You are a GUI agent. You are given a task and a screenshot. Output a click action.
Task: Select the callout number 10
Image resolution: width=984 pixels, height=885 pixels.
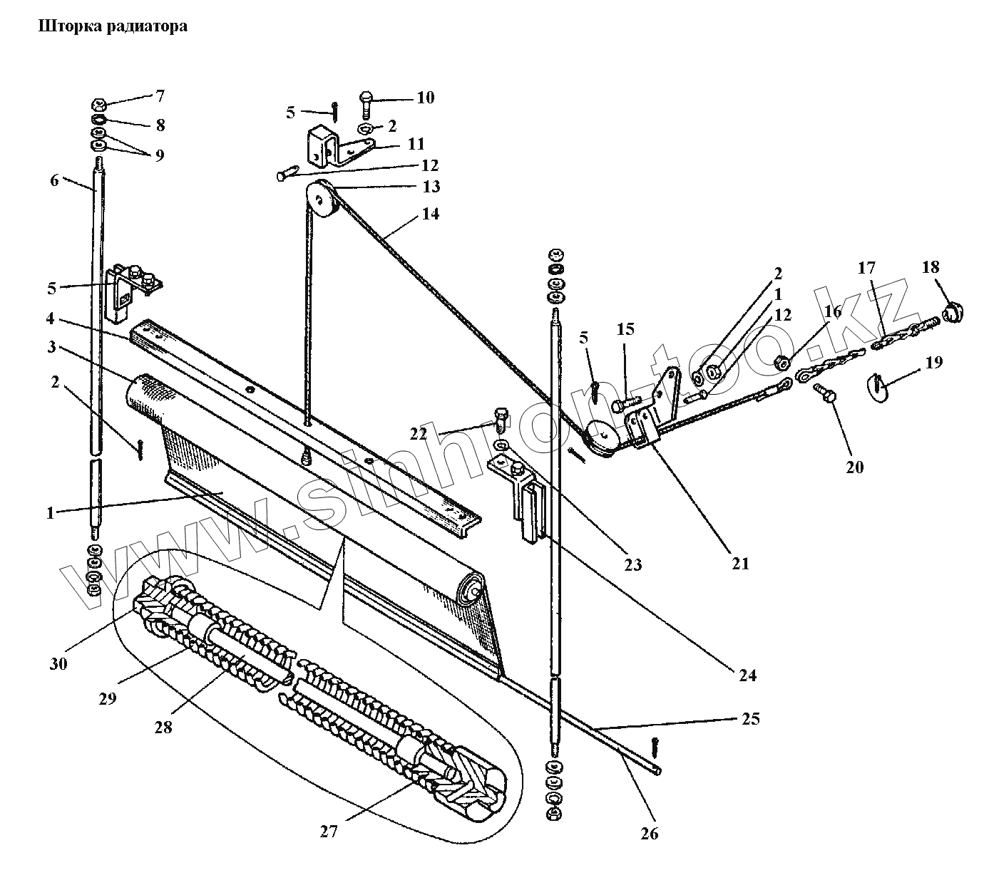pyautogui.click(x=425, y=98)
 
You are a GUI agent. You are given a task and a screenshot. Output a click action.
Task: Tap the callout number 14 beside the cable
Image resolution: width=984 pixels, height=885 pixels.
pyautogui.click(x=430, y=214)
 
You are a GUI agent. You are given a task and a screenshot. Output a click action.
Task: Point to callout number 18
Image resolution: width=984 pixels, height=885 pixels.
pyautogui.click(x=930, y=267)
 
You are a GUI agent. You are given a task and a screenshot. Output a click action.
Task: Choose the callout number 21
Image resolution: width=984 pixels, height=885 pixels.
pyautogui.click(x=740, y=563)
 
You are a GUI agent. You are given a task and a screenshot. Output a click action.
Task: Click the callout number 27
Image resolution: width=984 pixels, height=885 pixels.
pyautogui.click(x=328, y=831)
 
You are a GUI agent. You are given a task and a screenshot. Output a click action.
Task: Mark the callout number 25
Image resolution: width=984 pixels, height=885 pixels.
pyautogui.click(x=750, y=718)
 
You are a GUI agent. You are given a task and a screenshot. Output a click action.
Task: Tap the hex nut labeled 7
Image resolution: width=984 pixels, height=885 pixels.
pyautogui.click(x=100, y=107)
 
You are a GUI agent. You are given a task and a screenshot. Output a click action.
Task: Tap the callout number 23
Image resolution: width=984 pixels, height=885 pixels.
pyautogui.click(x=632, y=565)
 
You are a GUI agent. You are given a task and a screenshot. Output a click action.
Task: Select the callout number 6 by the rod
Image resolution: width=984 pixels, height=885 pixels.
pyautogui.click(x=55, y=180)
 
